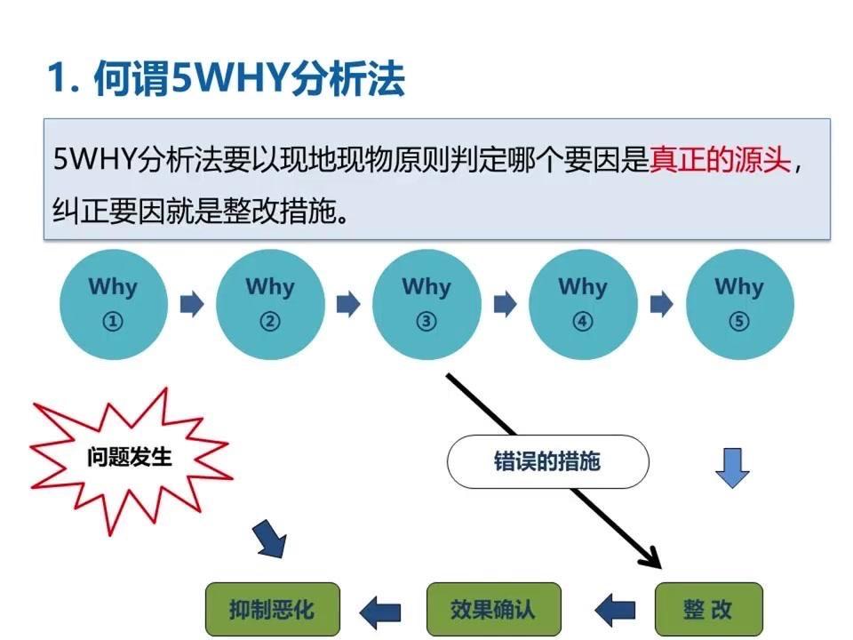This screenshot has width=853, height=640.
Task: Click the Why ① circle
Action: [113, 304]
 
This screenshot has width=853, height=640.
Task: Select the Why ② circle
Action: [269, 304]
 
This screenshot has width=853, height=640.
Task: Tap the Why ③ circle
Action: [426, 304]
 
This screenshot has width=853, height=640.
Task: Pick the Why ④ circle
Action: [583, 304]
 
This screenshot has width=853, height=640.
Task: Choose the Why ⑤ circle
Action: [739, 304]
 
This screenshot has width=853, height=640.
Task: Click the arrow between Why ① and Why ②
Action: [192, 305]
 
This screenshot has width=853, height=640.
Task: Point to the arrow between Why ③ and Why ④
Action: [505, 305]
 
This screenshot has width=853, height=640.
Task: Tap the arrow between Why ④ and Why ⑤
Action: [661, 305]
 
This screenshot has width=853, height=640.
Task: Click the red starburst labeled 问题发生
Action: [130, 459]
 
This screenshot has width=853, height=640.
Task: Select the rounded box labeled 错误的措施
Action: [547, 461]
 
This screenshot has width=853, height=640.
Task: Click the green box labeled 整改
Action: [708, 610]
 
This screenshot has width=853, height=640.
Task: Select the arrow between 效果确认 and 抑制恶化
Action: [380, 611]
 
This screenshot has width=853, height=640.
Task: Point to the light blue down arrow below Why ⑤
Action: [732, 468]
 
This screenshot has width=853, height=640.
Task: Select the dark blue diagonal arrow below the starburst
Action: [270, 539]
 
